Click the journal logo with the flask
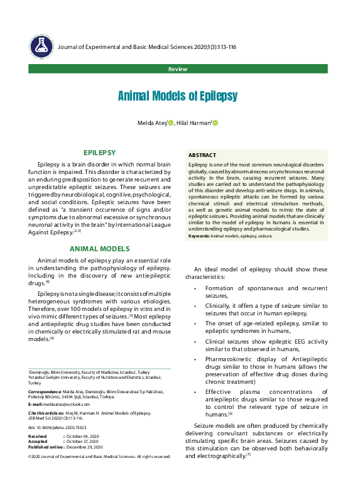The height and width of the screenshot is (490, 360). tap(41, 46)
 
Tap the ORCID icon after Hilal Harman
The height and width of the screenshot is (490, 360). tap(215, 123)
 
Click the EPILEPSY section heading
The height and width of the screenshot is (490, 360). tap(99, 153)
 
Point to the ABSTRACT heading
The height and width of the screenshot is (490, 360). tap(202, 155)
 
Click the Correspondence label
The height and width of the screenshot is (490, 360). tap(45, 391)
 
